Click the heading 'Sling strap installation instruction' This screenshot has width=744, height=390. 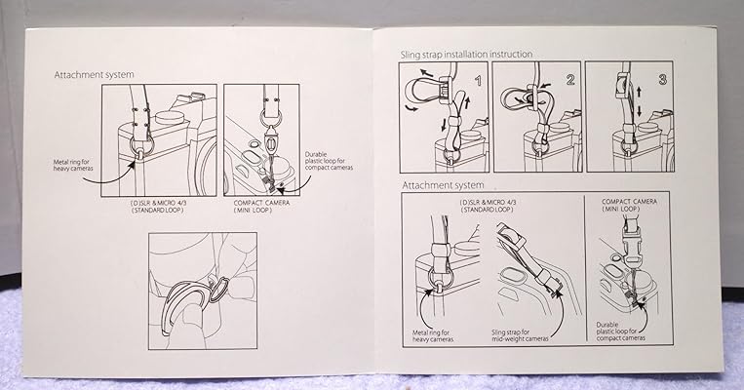pos(466,54)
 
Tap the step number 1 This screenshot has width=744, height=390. pos(478,80)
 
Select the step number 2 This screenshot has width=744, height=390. pos(569,80)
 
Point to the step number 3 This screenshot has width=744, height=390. pos(663,80)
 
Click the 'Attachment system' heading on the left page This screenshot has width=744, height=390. pos(94,74)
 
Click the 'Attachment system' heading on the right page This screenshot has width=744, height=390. pos(443,185)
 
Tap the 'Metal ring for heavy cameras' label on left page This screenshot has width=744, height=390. pos(73,165)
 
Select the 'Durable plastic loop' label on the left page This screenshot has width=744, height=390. pos(329,161)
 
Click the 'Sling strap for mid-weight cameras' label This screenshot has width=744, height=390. pos(520,335)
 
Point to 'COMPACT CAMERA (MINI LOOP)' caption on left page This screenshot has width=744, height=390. pos(261,206)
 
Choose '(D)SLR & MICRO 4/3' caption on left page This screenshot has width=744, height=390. pos(157,206)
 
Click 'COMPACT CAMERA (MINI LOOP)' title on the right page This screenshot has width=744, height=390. pos(630,205)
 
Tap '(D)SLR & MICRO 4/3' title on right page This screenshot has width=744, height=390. pos(487,206)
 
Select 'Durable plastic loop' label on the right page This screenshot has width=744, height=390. pos(620,331)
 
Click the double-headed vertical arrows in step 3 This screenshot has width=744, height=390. pos(639,101)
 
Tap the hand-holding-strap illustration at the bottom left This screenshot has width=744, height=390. pos(203,291)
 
